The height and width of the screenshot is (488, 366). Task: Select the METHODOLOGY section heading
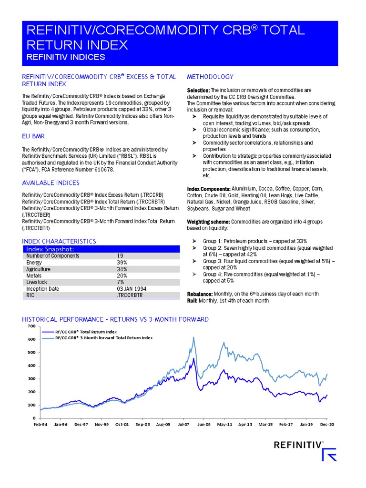click(210, 77)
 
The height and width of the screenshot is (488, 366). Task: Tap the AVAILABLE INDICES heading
click(51, 183)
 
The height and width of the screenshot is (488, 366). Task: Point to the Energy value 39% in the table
click(122, 263)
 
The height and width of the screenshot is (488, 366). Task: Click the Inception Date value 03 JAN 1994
click(132, 289)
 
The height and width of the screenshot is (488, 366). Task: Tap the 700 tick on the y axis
click(31, 326)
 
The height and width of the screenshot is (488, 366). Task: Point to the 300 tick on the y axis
click(31, 379)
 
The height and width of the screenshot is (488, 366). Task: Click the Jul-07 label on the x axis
click(183, 424)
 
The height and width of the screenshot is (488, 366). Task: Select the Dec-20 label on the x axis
click(327, 424)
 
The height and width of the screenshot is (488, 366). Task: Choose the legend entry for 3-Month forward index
click(104, 337)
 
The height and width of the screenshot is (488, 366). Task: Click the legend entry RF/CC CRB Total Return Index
click(86, 331)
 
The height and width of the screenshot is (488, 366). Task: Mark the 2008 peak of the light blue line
click(193, 337)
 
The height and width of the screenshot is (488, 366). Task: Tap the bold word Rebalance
click(200, 294)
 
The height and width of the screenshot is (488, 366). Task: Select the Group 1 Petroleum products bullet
click(254, 242)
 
